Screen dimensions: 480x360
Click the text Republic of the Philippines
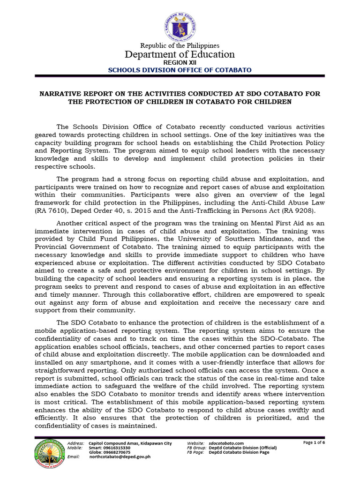coord(180,45)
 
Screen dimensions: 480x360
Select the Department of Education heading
coord(180,54)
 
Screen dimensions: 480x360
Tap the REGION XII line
coord(180,62)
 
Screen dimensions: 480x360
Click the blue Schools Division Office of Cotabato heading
coord(180,70)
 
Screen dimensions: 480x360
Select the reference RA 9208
coord(302,211)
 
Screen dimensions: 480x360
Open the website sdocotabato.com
coord(226,443)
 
